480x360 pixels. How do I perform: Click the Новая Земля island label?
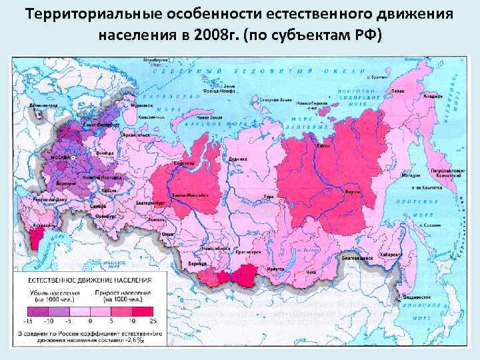(x=208, y=117)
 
